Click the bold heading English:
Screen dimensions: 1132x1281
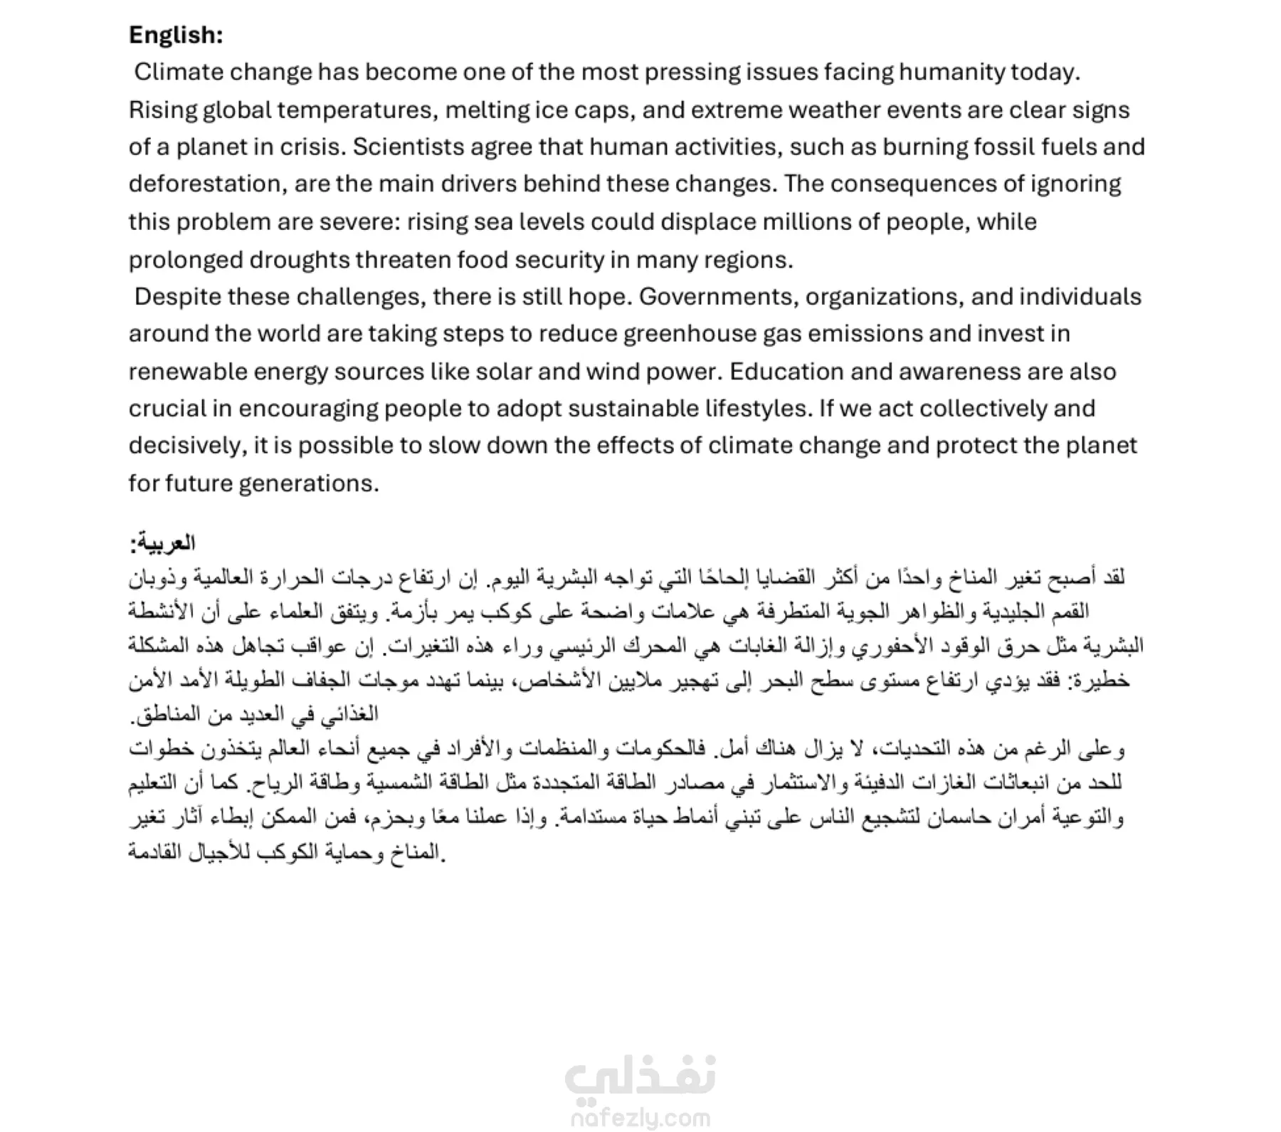tap(176, 35)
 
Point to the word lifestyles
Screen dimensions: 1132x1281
tap(757, 409)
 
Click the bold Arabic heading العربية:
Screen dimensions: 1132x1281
tap(162, 543)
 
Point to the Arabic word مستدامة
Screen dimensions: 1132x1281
tap(588, 817)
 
